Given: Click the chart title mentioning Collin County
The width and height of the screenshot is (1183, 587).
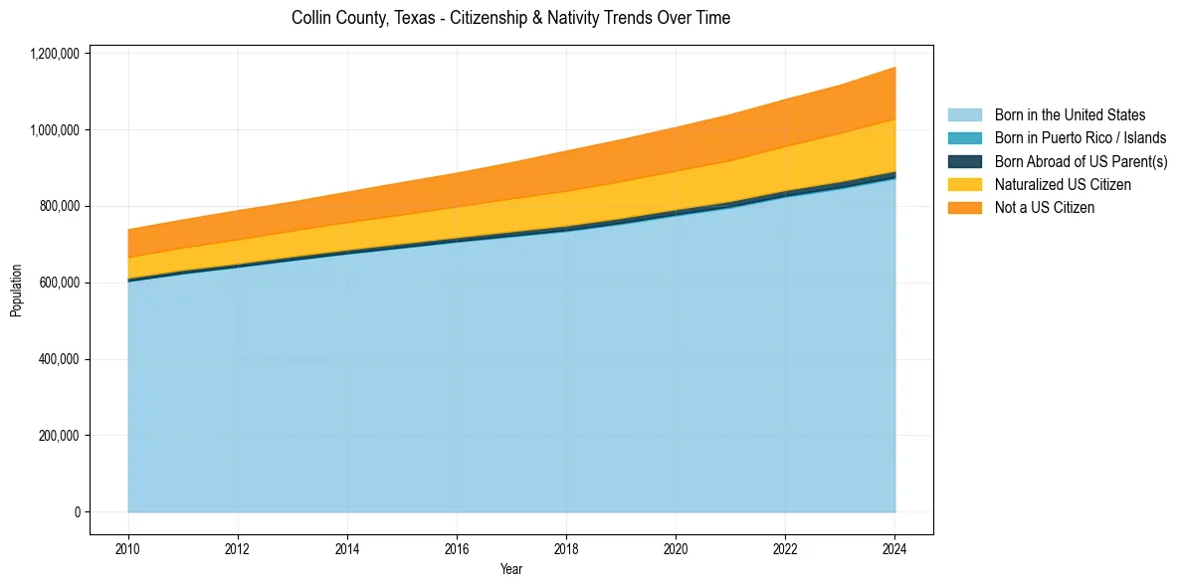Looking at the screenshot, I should point(510,18).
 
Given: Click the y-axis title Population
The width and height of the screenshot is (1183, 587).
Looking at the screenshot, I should point(16,291).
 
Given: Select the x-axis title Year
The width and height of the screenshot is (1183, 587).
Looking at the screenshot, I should point(510,570).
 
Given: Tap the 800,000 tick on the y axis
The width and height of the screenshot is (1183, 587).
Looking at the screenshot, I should point(59,206).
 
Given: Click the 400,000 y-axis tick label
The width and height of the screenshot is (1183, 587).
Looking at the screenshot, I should point(59,359).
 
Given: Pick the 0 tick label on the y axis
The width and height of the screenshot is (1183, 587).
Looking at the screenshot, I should point(76,512).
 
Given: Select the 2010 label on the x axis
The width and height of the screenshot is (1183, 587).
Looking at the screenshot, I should point(128,548).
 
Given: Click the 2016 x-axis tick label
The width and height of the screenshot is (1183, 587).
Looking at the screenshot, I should point(457,548).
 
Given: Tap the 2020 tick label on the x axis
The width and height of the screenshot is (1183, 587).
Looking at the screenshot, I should point(676,548).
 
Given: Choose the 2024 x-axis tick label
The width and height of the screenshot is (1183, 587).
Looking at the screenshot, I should point(894,548).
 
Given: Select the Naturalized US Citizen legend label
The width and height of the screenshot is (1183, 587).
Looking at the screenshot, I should point(1063,185).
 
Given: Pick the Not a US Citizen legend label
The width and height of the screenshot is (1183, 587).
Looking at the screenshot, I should point(1044,208).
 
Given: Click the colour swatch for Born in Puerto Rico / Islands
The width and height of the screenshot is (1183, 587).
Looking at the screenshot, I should point(964,138).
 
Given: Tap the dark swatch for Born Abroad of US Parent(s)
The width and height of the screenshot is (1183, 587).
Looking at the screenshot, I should point(964,161).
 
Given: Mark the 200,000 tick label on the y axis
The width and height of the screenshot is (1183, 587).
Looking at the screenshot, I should point(59,436).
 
